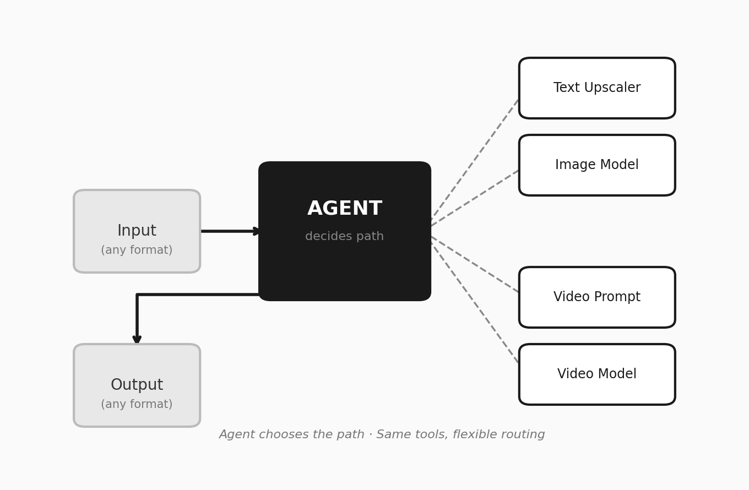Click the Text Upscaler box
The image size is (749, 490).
(597, 88)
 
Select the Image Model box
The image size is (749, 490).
(597, 165)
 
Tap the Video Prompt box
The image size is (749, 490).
(597, 297)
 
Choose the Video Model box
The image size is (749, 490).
(597, 374)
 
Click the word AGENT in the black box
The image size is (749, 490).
(345, 209)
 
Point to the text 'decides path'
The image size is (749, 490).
(345, 237)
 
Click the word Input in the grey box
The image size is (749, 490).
(137, 231)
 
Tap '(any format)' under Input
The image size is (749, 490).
(137, 251)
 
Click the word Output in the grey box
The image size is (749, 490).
(137, 385)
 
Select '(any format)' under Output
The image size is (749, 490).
(137, 405)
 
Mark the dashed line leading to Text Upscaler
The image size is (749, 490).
(475, 160)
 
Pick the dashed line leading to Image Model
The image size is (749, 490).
(475, 198)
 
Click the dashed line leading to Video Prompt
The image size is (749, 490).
(475, 264)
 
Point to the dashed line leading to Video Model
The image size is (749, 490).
(475, 303)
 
